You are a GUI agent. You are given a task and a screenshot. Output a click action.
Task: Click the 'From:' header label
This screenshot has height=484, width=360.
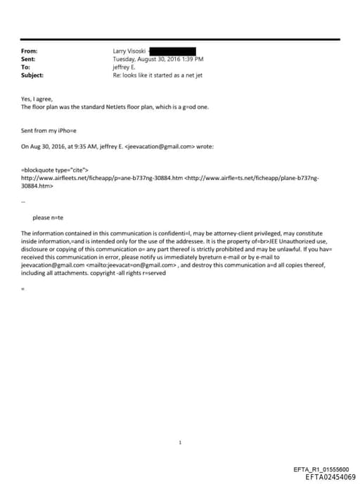pos(29,51)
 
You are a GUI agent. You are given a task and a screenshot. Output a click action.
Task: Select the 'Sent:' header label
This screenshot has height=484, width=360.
pos(29,59)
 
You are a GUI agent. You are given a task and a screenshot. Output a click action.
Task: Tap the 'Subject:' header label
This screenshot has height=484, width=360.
pos(32,75)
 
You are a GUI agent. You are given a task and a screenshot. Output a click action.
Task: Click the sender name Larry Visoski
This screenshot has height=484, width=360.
pos(129,51)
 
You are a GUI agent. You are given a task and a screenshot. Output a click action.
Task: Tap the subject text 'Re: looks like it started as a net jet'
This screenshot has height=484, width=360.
pos(157,75)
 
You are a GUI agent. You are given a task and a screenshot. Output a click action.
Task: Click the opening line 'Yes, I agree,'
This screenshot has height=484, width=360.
pos(37,99)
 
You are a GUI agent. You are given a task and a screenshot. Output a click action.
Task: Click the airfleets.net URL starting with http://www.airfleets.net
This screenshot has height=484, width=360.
pos(102,179)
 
